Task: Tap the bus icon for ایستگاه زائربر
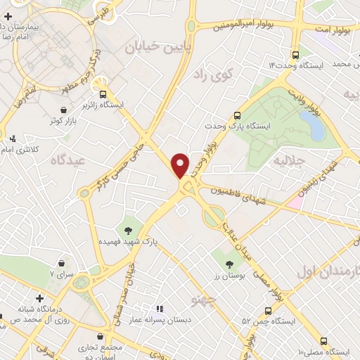103,94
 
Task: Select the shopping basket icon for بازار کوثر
65,110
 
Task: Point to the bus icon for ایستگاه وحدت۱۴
295,53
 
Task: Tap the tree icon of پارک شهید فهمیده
128,229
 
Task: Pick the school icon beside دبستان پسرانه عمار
160,309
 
